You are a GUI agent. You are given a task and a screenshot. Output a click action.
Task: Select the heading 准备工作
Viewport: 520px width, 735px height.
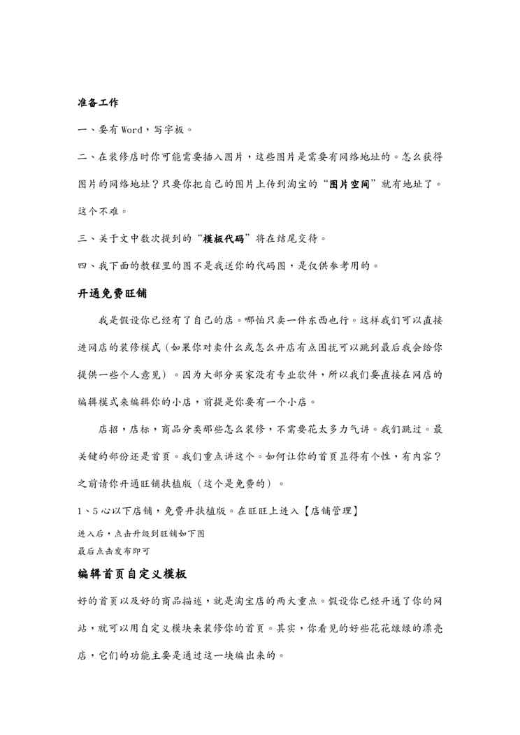tap(98, 103)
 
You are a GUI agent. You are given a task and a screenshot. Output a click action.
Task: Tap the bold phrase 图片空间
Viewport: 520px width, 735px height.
tap(353, 184)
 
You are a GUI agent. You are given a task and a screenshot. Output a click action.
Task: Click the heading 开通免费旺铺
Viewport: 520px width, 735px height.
tap(112, 293)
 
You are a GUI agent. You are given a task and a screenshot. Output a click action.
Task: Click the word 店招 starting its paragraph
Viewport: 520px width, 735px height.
tap(108, 429)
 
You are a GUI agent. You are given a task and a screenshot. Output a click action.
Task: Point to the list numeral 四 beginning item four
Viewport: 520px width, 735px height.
tap(82, 265)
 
